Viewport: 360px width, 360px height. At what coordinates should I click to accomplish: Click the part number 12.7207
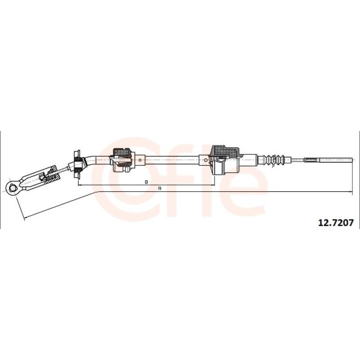click(335, 222)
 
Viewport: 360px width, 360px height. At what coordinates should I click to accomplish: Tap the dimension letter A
click(160, 188)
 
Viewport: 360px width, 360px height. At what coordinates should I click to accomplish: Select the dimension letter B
click(146, 182)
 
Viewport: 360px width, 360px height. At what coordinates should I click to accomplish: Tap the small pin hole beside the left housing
click(140, 160)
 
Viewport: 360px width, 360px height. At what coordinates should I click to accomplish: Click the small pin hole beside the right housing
click(206, 160)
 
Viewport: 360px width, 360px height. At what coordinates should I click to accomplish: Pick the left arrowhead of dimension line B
click(80, 185)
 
